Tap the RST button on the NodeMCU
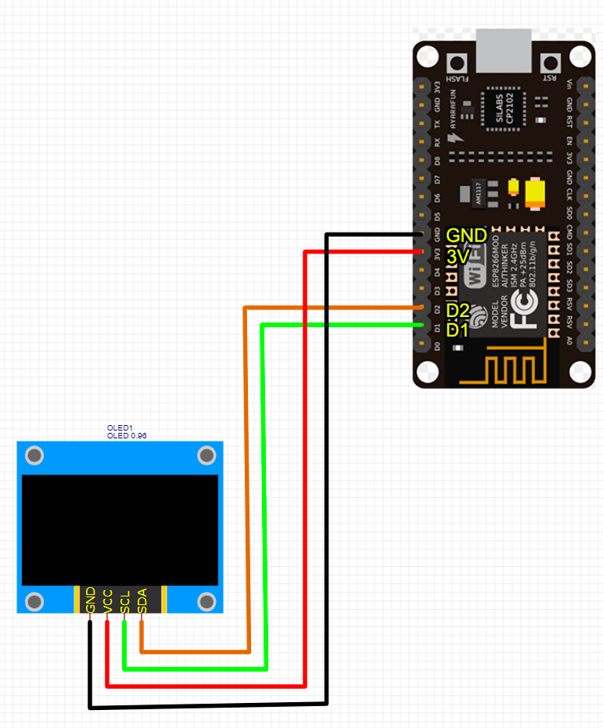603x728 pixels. point(551,62)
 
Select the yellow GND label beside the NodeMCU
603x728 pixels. point(466,236)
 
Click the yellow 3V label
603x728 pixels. point(458,256)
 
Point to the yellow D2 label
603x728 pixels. point(458,311)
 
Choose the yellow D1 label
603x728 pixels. point(458,330)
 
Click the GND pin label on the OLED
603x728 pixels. point(90,600)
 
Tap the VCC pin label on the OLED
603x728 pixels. point(107,600)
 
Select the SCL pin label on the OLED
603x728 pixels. point(124,600)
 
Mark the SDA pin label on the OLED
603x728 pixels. point(142,600)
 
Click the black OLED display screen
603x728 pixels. point(120,529)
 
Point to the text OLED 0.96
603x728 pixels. point(127,435)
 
